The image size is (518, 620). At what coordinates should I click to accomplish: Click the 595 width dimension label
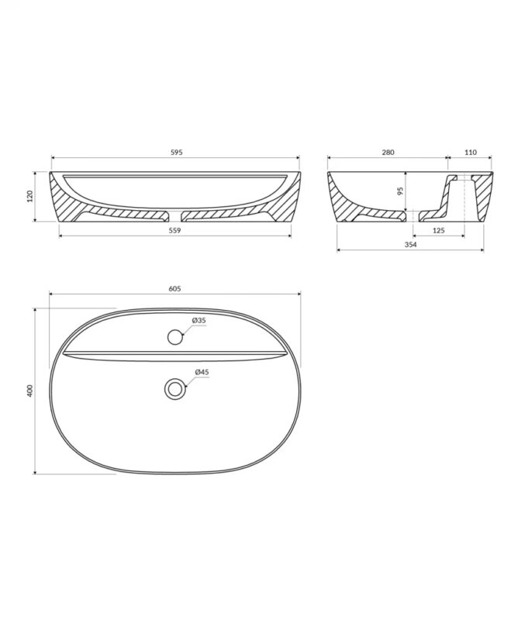176,152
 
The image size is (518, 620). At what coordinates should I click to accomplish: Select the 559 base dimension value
174,230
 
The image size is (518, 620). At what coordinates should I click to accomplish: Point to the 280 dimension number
388,152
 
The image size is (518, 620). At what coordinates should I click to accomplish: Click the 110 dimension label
471,152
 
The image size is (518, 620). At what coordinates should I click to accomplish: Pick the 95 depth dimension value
399,191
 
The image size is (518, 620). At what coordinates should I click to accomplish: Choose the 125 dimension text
439,230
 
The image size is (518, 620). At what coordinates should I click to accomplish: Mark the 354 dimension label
410,244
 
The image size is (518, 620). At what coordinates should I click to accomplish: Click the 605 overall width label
174,288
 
